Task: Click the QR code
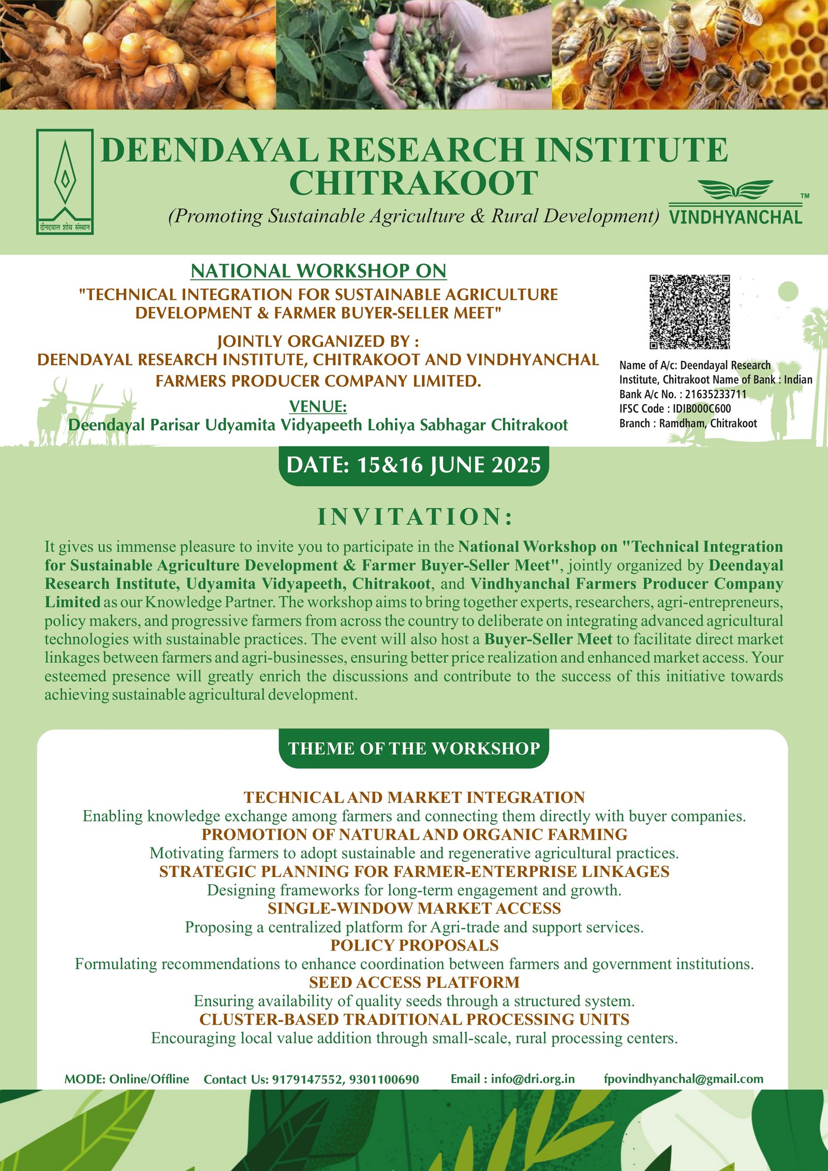coord(690,312)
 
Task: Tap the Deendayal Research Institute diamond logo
coord(65,181)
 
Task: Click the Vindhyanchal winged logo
coord(735,202)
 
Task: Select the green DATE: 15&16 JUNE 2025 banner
coord(413,465)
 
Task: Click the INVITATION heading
coord(415,517)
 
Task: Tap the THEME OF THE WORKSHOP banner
coord(413,749)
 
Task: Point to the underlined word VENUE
coord(318,406)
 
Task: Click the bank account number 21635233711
coord(716,394)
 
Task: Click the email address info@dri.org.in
coord(533,1079)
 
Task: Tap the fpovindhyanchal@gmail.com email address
coord(683,1079)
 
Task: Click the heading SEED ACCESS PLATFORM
coord(414,982)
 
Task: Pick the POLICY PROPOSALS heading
coord(414,945)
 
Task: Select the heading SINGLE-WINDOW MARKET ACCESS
coord(414,908)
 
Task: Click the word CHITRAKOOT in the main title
coord(413,183)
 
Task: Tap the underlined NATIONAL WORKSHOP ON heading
coord(318,271)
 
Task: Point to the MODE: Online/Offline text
coord(127,1079)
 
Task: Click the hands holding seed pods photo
coord(414,54)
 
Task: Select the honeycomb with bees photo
coord(690,54)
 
